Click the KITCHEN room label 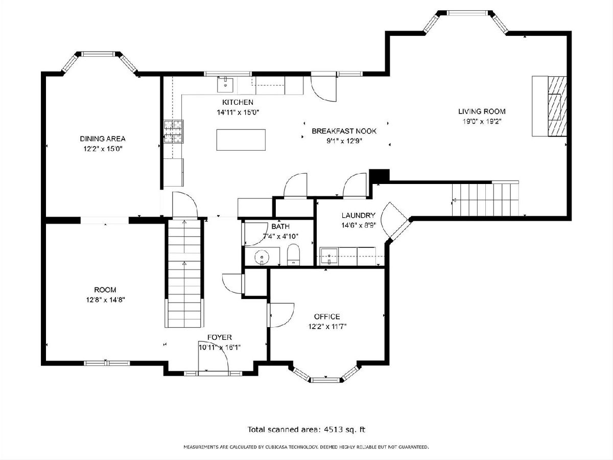[x=238, y=102]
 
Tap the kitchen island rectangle [x=241, y=140]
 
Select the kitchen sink [x=225, y=85]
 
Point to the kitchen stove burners [x=173, y=131]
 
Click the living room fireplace [x=557, y=106]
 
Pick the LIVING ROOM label [x=482, y=111]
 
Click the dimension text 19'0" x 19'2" [x=482, y=122]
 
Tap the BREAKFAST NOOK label [x=344, y=131]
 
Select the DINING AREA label [x=103, y=139]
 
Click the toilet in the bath [x=293, y=255]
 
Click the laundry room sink [x=329, y=256]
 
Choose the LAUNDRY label [x=358, y=215]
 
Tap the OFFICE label [x=327, y=316]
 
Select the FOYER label [x=220, y=337]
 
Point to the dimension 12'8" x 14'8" [x=106, y=300]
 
